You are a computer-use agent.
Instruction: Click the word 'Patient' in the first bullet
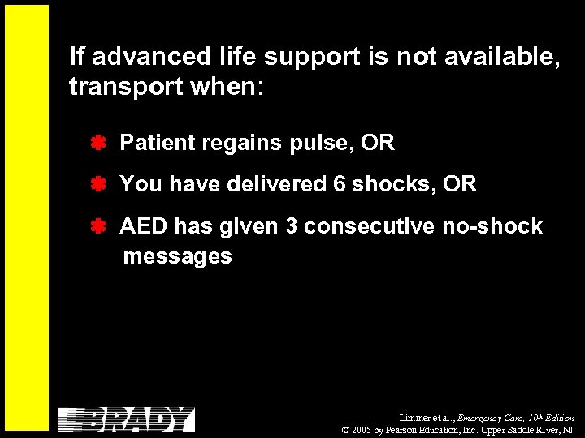[158, 144]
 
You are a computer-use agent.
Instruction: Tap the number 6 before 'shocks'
[340, 185]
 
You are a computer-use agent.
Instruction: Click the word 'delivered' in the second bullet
[276, 185]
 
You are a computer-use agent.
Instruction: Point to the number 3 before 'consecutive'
[291, 226]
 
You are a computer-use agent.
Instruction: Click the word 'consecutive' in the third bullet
[370, 226]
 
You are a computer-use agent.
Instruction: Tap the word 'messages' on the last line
[177, 257]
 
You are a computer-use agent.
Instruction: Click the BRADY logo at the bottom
[127, 419]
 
